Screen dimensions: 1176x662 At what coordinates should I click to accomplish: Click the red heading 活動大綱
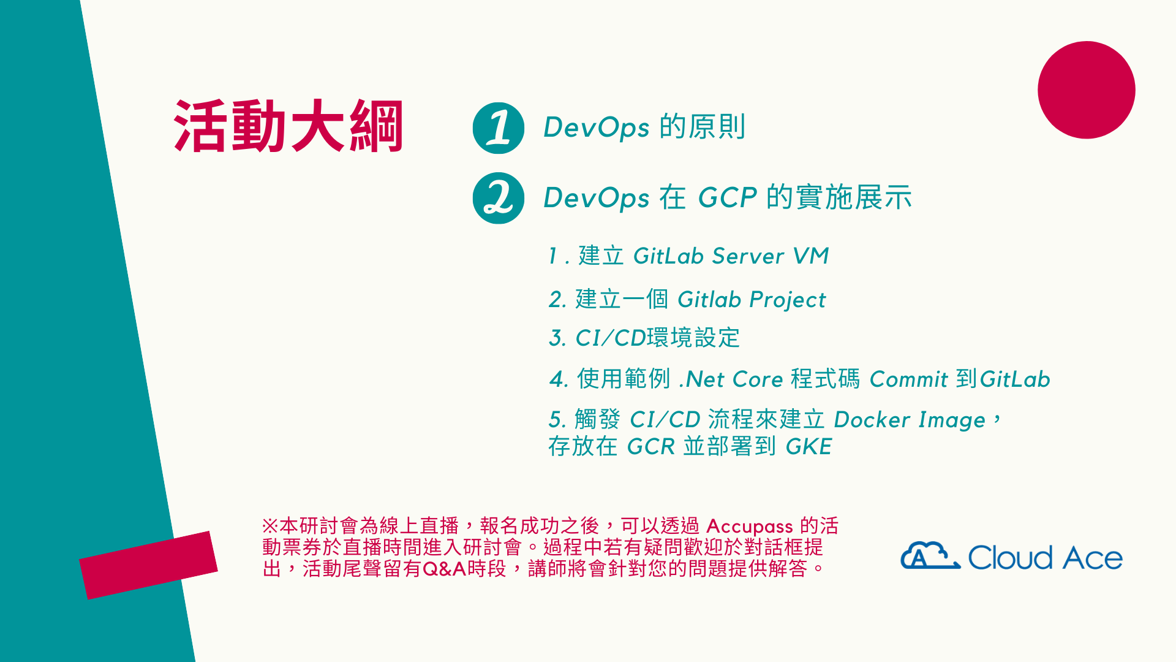click(x=288, y=126)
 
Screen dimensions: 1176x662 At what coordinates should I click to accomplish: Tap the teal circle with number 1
click(x=499, y=128)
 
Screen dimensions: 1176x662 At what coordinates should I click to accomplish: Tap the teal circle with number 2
click(x=499, y=198)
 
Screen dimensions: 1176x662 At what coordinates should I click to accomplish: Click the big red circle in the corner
click(x=1087, y=90)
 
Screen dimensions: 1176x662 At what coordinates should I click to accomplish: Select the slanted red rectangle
click(x=148, y=565)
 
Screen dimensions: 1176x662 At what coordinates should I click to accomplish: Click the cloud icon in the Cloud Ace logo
click(x=930, y=555)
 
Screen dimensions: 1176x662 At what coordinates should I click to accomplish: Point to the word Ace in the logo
click(x=1093, y=558)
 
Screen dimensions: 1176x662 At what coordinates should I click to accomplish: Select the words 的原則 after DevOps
click(x=703, y=127)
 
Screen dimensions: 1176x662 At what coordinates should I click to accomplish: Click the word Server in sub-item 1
click(x=748, y=256)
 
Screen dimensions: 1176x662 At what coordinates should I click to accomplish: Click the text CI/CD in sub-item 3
click(x=611, y=338)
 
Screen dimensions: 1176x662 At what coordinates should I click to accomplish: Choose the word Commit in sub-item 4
click(x=909, y=379)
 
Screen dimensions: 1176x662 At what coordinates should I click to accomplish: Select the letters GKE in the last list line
click(x=809, y=447)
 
